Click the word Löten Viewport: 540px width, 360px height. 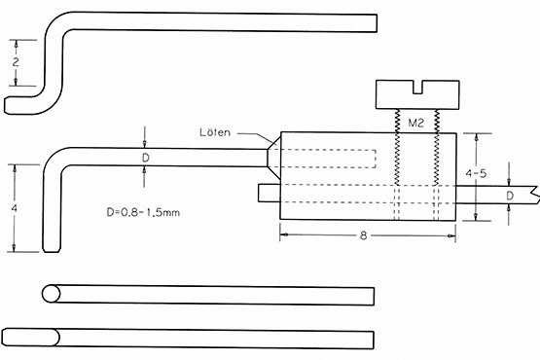pyautogui.click(x=215, y=132)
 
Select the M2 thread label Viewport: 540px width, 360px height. pyautogui.click(x=415, y=123)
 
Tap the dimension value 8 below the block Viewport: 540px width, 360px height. pyautogui.click(x=363, y=235)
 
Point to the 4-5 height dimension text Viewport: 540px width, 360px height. pyautogui.click(x=476, y=173)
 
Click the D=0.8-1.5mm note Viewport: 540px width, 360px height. pyautogui.click(x=143, y=212)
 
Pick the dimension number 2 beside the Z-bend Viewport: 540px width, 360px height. pyautogui.click(x=16, y=62)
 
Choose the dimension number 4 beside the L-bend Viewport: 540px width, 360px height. pyautogui.click(x=15, y=208)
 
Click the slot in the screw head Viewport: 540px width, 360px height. pyautogui.click(x=417, y=88)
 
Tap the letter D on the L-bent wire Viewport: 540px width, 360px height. pyautogui.click(x=146, y=159)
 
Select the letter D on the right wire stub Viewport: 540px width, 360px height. pyautogui.click(x=510, y=196)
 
